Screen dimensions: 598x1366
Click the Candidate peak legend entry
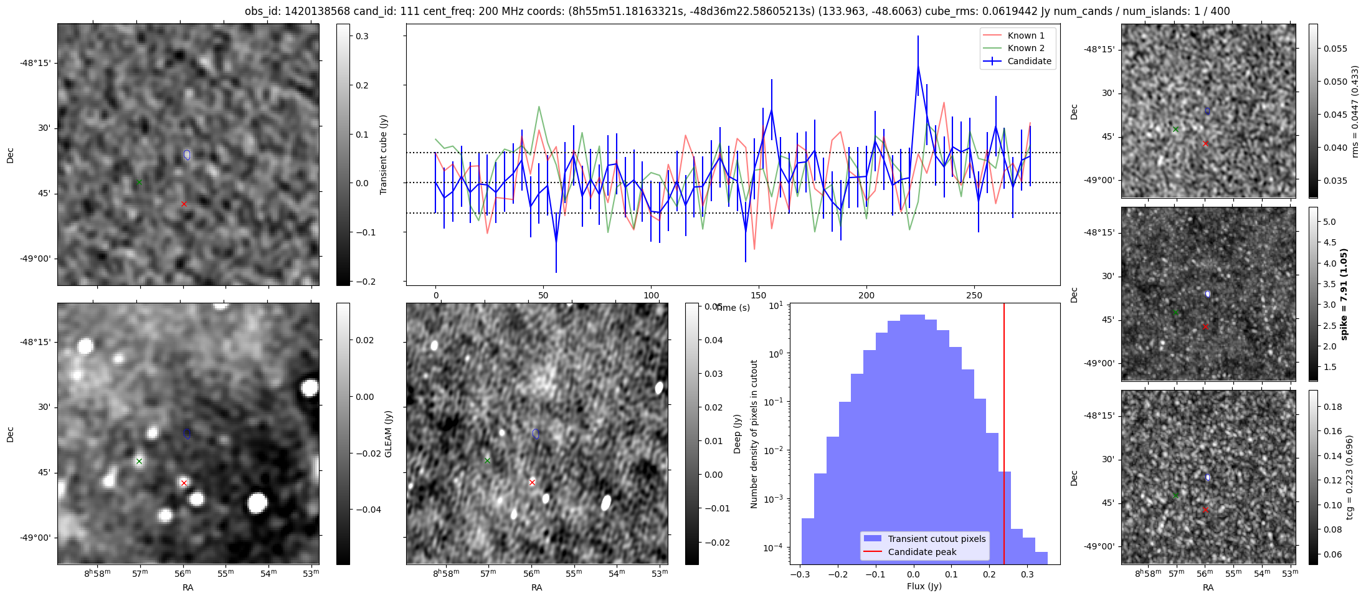(922, 552)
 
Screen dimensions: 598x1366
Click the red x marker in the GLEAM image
(184, 483)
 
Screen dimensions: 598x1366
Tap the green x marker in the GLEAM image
(140, 462)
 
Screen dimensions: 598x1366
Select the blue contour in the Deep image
(536, 434)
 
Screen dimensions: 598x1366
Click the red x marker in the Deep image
(532, 482)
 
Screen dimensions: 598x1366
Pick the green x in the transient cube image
(140, 183)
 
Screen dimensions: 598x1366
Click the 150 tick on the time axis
(759, 295)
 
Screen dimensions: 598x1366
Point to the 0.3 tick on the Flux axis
(1027, 575)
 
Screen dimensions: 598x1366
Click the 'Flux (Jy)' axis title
(924, 586)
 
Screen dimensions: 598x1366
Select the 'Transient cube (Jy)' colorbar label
(384, 154)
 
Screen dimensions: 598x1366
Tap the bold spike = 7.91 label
(1344, 294)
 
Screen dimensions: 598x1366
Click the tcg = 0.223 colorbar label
(1349, 477)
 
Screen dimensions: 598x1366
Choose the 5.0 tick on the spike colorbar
(1329, 222)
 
